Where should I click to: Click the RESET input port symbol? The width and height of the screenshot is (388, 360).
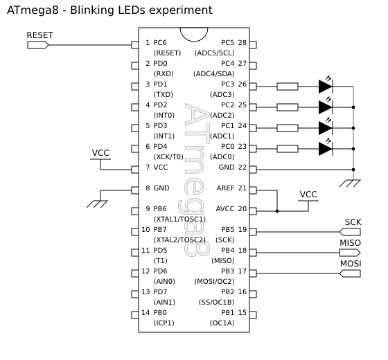point(38,45)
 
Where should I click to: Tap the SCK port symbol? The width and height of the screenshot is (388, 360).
point(350,232)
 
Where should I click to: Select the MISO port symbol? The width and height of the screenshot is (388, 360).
point(350,253)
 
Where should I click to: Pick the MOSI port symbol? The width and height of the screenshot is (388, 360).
point(350,273)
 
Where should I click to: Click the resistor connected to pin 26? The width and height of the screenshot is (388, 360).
point(288,87)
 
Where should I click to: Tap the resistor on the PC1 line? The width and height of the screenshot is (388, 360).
point(288,128)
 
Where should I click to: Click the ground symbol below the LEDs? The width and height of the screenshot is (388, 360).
point(350,183)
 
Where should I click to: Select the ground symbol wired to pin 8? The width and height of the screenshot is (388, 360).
point(97,204)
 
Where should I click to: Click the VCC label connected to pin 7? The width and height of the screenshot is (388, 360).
point(100,153)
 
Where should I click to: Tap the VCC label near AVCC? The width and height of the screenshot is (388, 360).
point(308,195)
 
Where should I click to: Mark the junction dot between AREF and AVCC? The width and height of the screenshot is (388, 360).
point(277,211)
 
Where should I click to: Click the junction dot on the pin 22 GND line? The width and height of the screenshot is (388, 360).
point(353,170)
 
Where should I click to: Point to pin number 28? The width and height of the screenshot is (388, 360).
point(242,42)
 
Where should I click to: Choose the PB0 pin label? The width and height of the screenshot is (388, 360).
point(160,312)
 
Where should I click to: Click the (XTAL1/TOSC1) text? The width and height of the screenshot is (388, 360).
point(179,219)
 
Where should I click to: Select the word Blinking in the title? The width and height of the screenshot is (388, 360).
point(92,10)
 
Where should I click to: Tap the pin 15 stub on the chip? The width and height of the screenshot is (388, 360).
point(253,315)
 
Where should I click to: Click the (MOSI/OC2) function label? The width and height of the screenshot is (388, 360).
point(214,281)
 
